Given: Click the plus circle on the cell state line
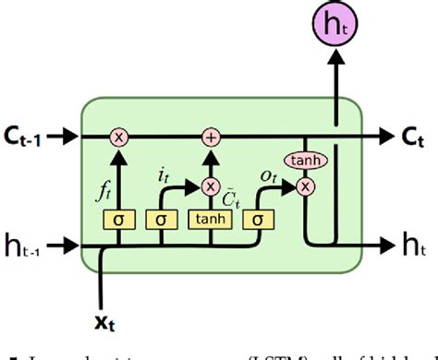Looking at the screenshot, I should point(212,137).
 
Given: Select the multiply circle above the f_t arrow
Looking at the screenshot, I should point(119,137).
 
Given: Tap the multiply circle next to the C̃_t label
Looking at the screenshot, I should point(212,186).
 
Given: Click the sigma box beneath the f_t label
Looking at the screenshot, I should point(119,219).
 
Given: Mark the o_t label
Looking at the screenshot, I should point(269,174).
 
